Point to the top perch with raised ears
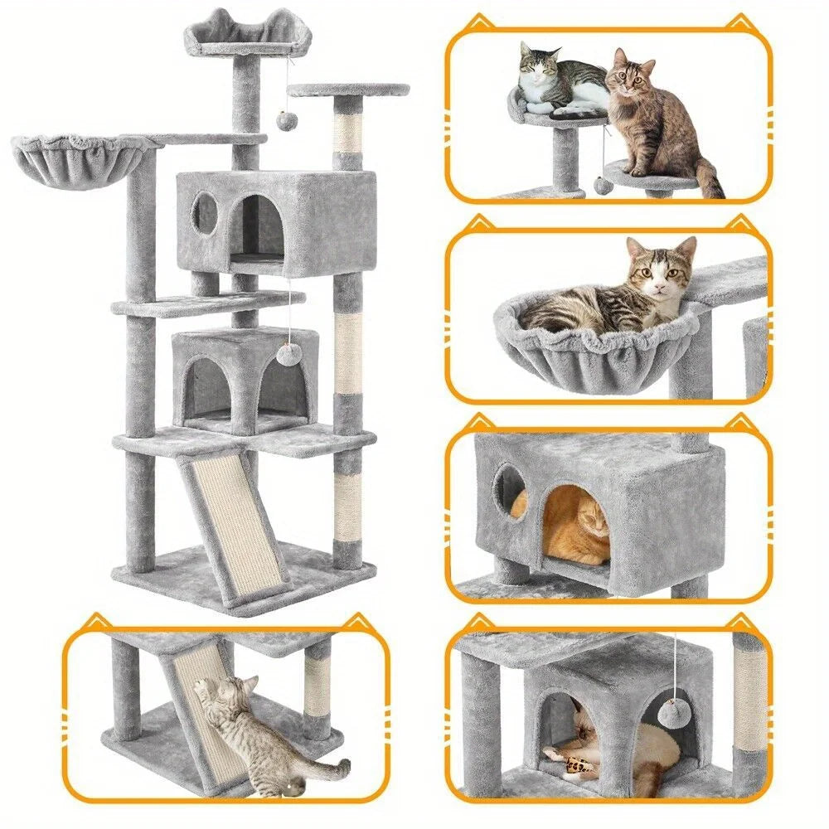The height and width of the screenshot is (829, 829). pyautogui.click(x=237, y=37)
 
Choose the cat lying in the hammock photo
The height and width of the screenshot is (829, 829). pyautogui.click(x=613, y=294)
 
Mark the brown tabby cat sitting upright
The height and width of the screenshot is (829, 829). pyautogui.click(x=655, y=124)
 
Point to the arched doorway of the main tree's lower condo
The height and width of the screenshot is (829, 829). pyautogui.click(x=203, y=385)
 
